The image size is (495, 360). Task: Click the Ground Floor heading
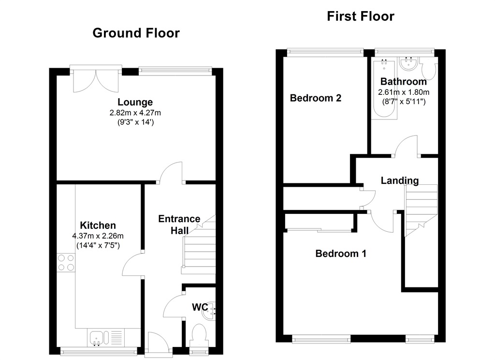point(136,33)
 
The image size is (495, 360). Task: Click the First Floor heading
point(361,16)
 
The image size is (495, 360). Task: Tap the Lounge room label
point(135,102)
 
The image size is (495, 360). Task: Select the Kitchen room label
point(98,225)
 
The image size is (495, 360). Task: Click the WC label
point(200,307)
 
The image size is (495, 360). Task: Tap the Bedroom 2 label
point(316,98)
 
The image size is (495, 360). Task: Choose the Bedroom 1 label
point(341,253)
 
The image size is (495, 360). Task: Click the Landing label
point(399,180)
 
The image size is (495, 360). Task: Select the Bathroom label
point(404,81)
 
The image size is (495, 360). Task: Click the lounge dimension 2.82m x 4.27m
point(135,113)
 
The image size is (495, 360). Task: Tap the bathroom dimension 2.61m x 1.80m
point(404,92)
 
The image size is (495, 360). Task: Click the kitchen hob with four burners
point(66,262)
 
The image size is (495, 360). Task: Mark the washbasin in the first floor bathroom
point(409,64)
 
